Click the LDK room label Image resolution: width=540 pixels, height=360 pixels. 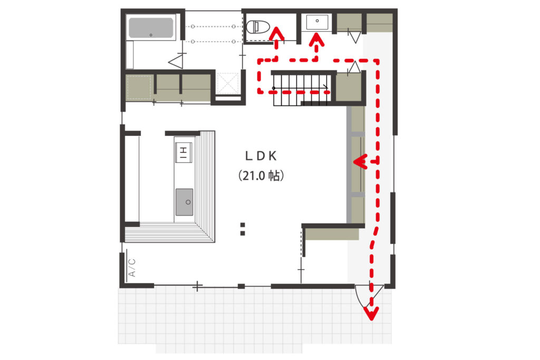[261, 156]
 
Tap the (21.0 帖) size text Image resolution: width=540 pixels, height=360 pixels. [261, 176]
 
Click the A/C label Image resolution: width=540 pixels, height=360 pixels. [132, 268]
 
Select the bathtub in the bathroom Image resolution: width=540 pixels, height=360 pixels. [151, 27]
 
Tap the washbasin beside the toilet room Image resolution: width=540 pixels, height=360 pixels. [317, 22]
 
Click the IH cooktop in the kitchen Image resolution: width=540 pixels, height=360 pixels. [184, 152]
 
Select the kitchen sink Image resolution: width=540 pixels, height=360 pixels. [184, 202]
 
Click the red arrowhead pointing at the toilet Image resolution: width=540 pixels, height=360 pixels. [276, 34]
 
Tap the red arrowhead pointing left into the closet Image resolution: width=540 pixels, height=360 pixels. [360, 161]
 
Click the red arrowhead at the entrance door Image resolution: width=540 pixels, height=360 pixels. [372, 313]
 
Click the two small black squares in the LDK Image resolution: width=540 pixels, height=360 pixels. [243, 229]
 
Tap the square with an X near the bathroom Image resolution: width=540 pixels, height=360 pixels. [227, 83]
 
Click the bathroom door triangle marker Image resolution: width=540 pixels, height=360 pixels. [176, 62]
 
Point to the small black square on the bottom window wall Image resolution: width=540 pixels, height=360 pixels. [242, 286]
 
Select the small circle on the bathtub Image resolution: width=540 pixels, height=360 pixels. [151, 35]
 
